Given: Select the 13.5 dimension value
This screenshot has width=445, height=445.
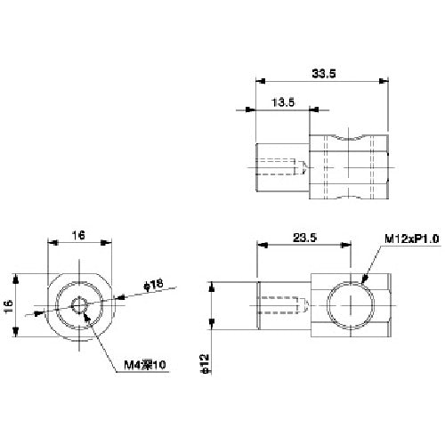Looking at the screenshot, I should click(x=282, y=102).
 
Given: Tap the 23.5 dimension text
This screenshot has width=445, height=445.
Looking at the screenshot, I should click(x=304, y=237).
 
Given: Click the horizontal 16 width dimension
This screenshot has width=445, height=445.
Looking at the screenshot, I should click(x=78, y=235).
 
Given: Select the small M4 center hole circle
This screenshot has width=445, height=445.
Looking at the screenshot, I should click(x=78, y=305).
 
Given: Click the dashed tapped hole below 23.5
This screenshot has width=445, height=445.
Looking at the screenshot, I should click(x=283, y=305).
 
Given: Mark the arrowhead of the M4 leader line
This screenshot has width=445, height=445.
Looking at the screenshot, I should click(x=84, y=312).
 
